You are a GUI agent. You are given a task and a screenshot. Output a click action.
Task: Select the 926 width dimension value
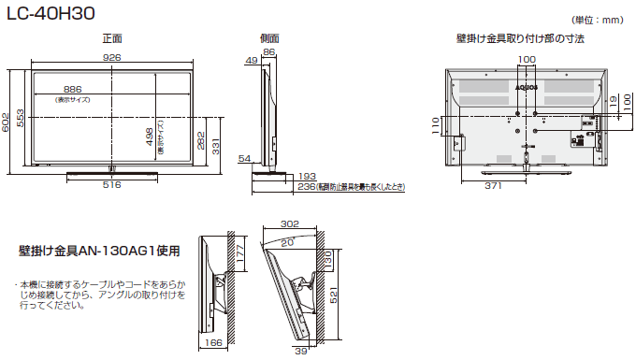pyautogui.click(x=112, y=58)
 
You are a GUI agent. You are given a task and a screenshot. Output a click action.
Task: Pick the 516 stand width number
pyautogui.click(x=112, y=185)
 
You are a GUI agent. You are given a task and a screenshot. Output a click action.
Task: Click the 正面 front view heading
pyautogui.click(x=111, y=39)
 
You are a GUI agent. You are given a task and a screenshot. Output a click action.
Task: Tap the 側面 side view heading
pyautogui.click(x=269, y=39)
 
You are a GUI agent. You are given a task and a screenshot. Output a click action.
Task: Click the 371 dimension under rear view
pyautogui.click(x=496, y=186)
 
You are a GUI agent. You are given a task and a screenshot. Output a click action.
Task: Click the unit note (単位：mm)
pyautogui.click(x=600, y=19)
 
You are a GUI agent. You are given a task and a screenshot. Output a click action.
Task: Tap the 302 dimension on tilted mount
pyautogui.click(x=290, y=224)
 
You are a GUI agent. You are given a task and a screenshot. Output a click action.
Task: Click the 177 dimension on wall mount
pyautogui.click(x=238, y=252)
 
